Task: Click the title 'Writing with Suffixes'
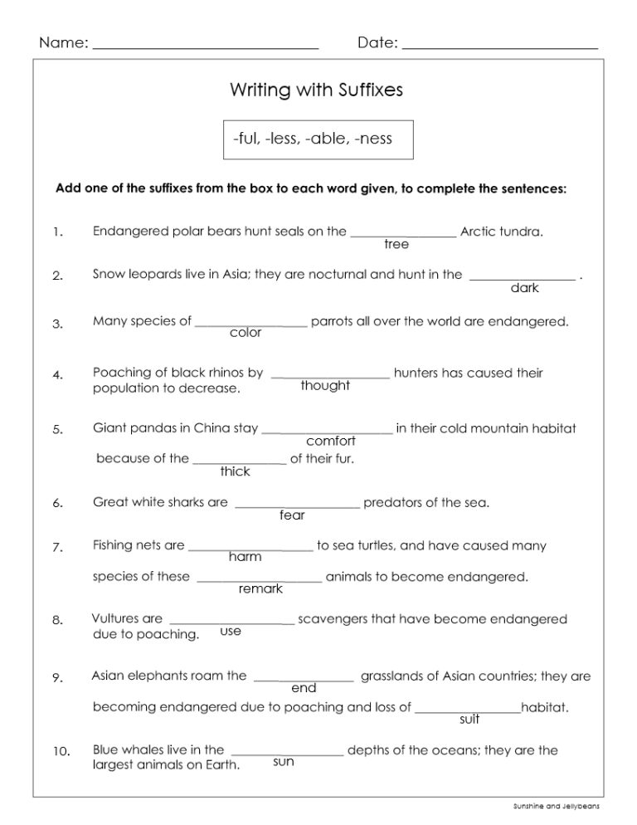[x=315, y=90]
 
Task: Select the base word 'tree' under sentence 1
[x=396, y=244]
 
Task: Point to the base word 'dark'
[x=524, y=288]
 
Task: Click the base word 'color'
[x=246, y=333]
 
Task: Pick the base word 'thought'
[x=325, y=386]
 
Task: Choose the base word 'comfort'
[x=331, y=442]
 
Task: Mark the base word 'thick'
[x=235, y=471]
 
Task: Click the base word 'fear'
[x=293, y=515]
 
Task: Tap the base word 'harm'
[x=246, y=557]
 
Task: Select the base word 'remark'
[x=260, y=589]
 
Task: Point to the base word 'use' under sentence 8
[x=231, y=632]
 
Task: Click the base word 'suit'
[x=469, y=720]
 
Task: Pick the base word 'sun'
[x=284, y=762]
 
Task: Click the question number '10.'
[x=61, y=752]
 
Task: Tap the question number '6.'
[x=57, y=504]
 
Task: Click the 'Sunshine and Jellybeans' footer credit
[x=556, y=806]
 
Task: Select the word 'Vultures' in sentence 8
[x=115, y=619]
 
